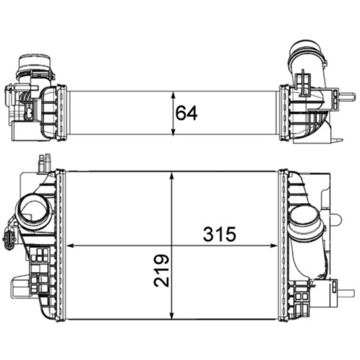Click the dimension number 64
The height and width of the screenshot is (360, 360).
(x=186, y=113)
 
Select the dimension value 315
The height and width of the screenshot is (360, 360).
(x=220, y=234)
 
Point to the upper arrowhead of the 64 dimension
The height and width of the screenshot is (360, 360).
(x=173, y=94)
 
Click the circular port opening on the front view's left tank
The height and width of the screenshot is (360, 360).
(x=32, y=211)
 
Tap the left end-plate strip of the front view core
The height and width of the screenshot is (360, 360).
(x=62, y=245)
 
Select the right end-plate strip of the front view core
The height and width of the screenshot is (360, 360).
(x=283, y=245)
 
